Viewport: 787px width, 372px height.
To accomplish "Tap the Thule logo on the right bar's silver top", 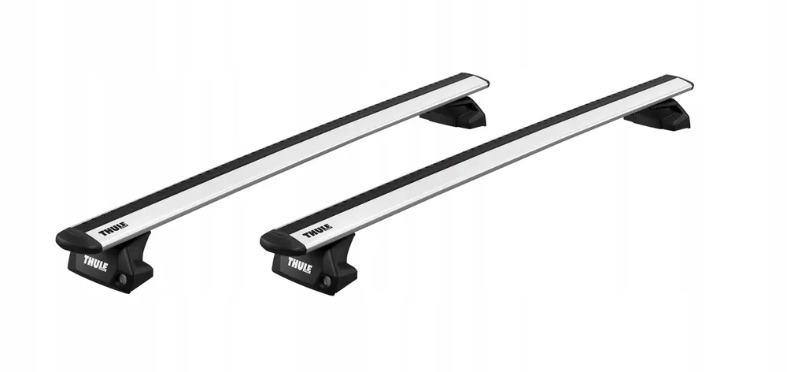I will tap(316, 232).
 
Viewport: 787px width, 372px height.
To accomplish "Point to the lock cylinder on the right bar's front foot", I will tap(326, 281).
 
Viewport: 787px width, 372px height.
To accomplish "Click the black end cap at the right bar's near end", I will tap(275, 240).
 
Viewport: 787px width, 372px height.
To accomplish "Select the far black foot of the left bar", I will tap(456, 113).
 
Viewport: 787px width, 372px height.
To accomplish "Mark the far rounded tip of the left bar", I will tap(482, 81).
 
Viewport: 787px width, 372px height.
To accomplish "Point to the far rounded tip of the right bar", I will tap(686, 84).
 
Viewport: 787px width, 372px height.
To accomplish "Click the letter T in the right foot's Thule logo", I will tap(289, 262).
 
